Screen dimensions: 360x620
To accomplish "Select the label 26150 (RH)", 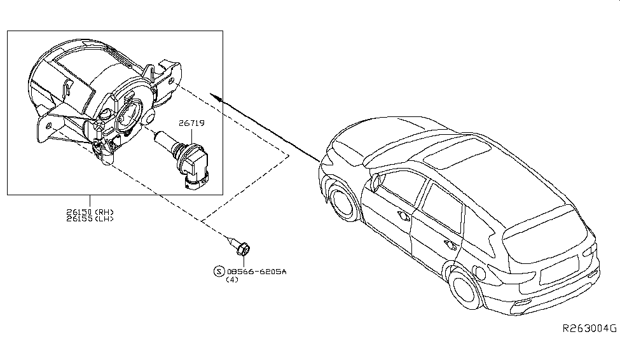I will click(x=90, y=212).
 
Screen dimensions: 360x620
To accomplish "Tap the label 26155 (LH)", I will click(x=90, y=219).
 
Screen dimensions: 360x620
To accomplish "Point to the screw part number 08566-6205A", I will click(x=258, y=272).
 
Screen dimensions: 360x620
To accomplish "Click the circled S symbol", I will click(x=219, y=272).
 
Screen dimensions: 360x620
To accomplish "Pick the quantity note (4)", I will click(x=232, y=280).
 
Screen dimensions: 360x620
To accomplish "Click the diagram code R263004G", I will click(x=589, y=329).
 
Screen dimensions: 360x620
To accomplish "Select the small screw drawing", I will click(x=240, y=247).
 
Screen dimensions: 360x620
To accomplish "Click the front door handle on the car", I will click(x=403, y=216).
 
